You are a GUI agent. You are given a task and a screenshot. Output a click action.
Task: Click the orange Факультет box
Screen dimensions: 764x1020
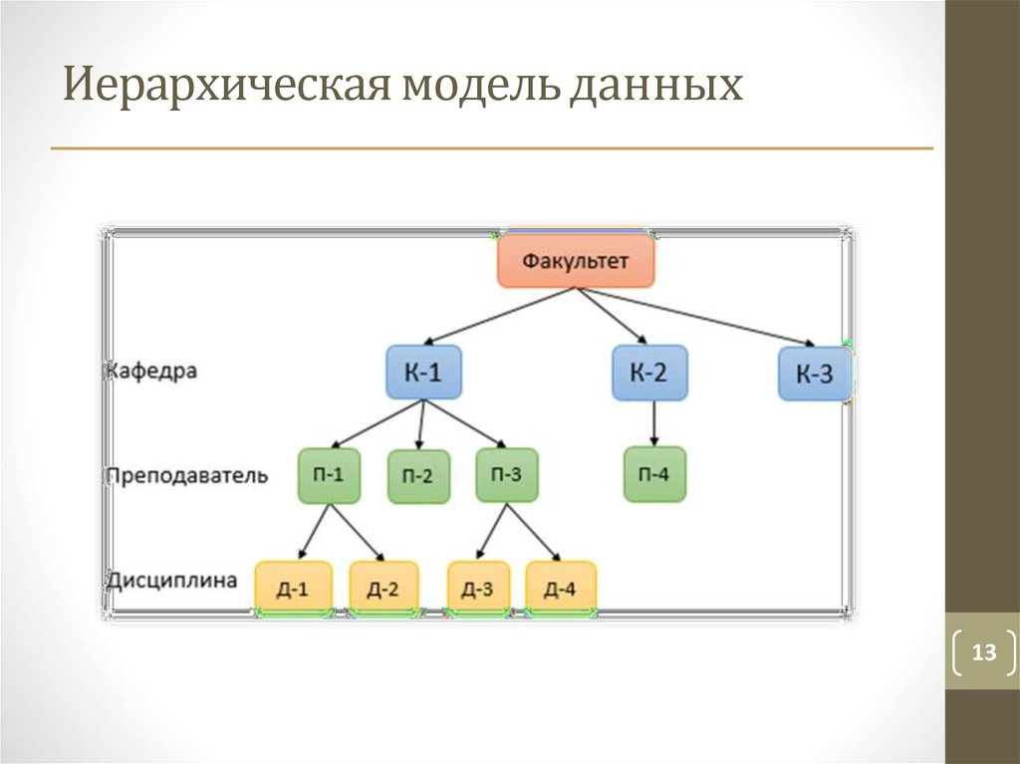click(x=577, y=261)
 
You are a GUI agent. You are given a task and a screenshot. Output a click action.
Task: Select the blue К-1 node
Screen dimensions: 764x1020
click(x=423, y=373)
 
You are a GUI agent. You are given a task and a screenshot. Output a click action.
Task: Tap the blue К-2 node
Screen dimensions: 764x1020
click(x=648, y=373)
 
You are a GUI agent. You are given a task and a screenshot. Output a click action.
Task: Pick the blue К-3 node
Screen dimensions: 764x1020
click(x=814, y=375)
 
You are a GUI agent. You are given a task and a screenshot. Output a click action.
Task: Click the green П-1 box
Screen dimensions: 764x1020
click(x=329, y=474)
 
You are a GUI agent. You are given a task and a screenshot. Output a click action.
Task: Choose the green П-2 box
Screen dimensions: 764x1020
click(x=418, y=476)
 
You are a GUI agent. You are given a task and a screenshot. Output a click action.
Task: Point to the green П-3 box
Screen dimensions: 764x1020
click(x=507, y=474)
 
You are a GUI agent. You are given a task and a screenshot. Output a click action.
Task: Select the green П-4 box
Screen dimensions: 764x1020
click(x=654, y=474)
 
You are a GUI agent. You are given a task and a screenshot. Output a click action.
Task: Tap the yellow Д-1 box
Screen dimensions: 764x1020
click(x=292, y=589)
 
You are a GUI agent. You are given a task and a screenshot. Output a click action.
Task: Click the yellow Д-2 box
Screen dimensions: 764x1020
click(x=383, y=589)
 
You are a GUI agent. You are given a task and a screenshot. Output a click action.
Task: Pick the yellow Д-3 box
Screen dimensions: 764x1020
click(x=478, y=589)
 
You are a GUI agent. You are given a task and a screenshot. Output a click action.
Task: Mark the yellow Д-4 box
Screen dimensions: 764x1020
click(x=561, y=589)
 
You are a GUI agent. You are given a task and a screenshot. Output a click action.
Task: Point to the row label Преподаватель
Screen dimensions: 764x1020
click(x=187, y=475)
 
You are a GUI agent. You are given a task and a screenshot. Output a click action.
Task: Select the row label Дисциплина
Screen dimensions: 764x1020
click(x=173, y=580)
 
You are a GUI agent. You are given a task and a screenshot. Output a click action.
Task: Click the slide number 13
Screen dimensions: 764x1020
click(x=984, y=653)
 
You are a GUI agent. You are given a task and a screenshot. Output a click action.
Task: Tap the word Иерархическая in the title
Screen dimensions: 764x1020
click(x=224, y=86)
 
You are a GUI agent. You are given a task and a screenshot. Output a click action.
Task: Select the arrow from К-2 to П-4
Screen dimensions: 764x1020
click(x=653, y=423)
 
